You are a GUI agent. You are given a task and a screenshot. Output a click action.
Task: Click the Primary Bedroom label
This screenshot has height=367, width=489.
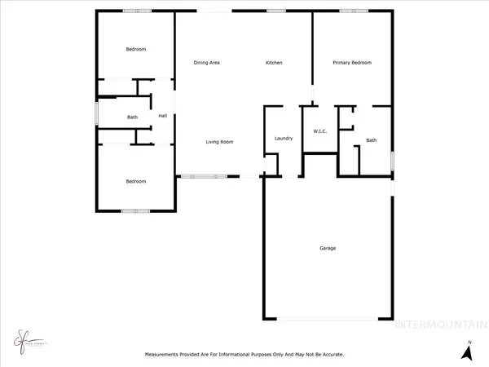[x=352, y=63]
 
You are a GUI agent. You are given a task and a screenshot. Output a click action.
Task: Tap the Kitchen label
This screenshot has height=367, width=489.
[x=273, y=63]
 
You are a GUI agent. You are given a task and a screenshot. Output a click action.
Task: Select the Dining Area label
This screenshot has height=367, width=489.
[x=206, y=63]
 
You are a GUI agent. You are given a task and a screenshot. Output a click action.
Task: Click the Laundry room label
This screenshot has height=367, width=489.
[x=284, y=139]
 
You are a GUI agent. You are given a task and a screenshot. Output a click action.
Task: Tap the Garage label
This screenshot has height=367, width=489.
[x=327, y=248]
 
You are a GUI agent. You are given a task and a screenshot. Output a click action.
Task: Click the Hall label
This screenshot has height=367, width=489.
[x=163, y=116]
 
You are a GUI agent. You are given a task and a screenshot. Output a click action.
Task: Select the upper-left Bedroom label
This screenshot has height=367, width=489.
[x=135, y=50]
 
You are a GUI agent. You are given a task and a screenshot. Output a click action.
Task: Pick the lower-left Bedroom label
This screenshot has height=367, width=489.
[x=135, y=181]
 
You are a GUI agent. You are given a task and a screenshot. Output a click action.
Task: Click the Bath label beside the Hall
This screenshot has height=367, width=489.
[x=132, y=117]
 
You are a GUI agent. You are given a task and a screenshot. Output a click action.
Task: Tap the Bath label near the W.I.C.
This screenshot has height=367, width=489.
[x=371, y=140]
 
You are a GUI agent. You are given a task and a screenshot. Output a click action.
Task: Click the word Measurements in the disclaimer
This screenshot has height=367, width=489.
[x=163, y=355]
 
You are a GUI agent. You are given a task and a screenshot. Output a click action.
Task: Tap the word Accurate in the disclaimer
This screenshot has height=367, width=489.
[x=329, y=355]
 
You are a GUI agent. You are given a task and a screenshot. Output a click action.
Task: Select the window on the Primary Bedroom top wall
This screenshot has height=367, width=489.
[x=353, y=11]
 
